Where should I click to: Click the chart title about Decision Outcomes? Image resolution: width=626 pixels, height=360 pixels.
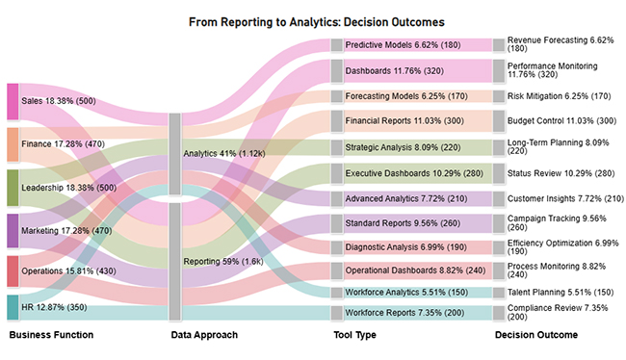(x=312, y=20)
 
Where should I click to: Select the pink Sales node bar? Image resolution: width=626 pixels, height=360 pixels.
(x=13, y=101)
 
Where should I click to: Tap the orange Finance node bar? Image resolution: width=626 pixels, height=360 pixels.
(x=13, y=144)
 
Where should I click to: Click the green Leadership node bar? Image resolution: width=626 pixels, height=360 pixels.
(x=13, y=188)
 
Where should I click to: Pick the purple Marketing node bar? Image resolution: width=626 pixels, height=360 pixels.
(x=13, y=231)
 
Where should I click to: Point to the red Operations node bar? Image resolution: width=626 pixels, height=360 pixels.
(x=13, y=271)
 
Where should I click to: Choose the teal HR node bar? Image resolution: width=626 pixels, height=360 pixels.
(x=13, y=307)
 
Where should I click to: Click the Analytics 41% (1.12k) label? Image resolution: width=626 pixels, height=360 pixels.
(x=221, y=152)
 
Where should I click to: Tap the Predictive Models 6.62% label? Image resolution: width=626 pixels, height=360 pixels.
(x=391, y=44)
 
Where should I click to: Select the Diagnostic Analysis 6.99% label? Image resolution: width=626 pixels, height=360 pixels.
(x=392, y=247)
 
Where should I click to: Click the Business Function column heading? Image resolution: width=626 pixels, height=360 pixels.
(x=51, y=335)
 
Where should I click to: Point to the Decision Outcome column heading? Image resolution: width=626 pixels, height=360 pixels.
(x=536, y=335)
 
